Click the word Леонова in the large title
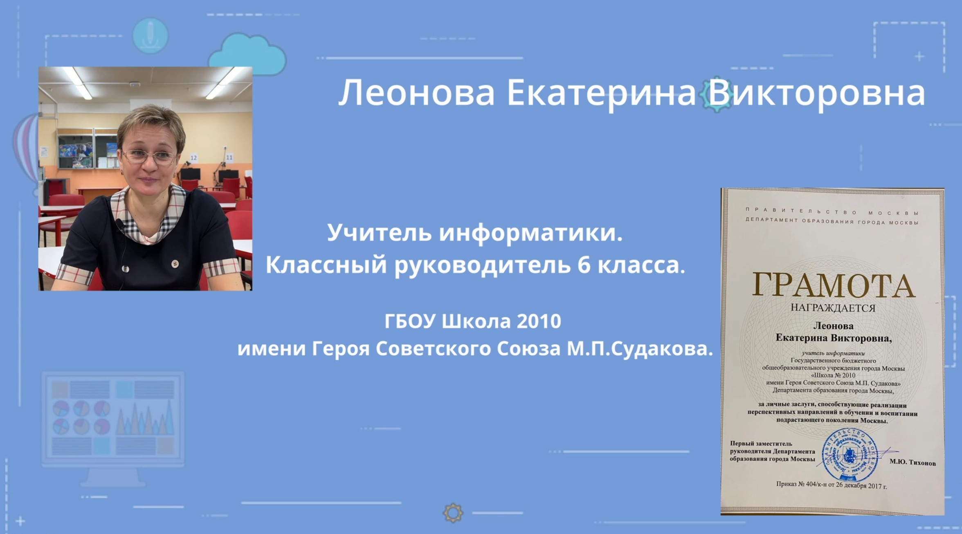point(416,93)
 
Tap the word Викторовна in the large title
point(816,94)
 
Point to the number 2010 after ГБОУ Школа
point(538,321)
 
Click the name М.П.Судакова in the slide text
point(640,349)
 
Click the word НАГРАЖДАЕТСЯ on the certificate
point(833,308)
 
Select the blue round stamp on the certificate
point(850,455)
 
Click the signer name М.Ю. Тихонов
point(913,462)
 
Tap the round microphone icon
point(150,35)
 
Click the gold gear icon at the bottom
point(453,513)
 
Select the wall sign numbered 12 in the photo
point(193,158)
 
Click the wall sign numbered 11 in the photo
point(229,157)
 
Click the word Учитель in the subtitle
point(379,233)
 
